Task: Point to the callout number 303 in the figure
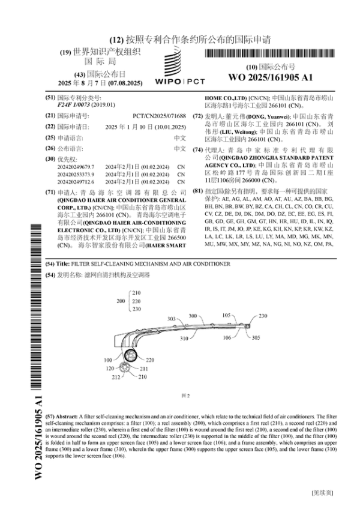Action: tap(172, 319)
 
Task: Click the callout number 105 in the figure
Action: tap(227, 315)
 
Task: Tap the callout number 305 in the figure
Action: tap(256, 338)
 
